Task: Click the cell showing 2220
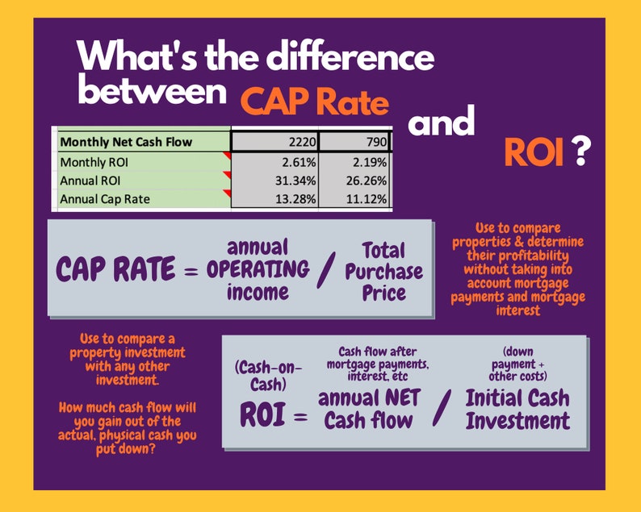coord(274,143)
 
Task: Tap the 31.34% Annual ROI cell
coord(274,179)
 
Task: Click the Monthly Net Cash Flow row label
coord(127,143)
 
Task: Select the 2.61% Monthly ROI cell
coord(274,161)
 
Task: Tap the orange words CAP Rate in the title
coord(315,104)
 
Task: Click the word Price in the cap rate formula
coord(385,293)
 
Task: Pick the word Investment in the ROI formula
coord(517,421)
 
